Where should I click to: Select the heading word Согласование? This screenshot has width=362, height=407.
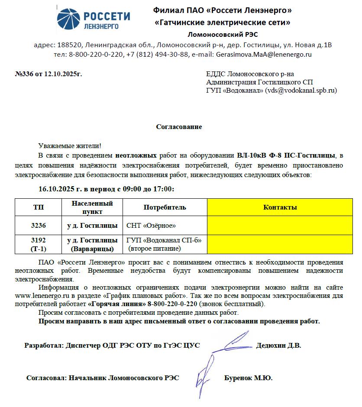[179, 127]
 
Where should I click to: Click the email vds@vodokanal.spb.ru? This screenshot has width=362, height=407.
[301, 90]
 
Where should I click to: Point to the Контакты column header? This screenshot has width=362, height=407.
[280, 207]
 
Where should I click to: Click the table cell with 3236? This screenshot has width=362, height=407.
[38, 226]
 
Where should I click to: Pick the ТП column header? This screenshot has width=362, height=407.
[38, 207]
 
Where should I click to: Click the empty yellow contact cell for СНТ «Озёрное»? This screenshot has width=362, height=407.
[280, 226]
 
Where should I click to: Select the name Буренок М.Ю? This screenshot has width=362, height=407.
[248, 378]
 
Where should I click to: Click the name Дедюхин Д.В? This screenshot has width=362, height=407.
[278, 346]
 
